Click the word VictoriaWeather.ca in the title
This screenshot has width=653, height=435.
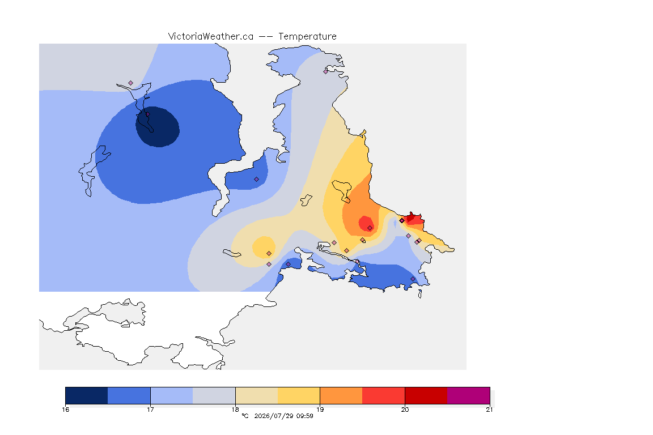point(211,37)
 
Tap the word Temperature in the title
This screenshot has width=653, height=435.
point(307,37)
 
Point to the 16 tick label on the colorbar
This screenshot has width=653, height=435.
point(65,410)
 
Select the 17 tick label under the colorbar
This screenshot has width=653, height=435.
point(150,410)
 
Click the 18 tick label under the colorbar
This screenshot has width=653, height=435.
point(235,410)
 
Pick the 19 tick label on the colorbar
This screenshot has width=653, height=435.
point(320,410)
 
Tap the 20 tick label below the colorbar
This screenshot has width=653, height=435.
point(405,410)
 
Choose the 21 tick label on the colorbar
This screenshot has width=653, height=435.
point(489,410)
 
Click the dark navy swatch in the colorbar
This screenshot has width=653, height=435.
point(87,395)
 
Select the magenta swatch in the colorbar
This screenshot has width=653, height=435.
point(469,395)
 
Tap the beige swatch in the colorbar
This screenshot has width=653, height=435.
point(257,395)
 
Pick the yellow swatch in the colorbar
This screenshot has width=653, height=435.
point(299,395)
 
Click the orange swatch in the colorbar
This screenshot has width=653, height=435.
point(341,395)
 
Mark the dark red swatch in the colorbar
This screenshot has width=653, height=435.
point(426,395)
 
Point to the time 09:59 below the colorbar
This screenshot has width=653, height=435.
point(305,416)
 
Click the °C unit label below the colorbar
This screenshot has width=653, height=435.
point(245,416)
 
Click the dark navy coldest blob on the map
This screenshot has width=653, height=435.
point(158,127)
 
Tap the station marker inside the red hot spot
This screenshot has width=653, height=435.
point(370,228)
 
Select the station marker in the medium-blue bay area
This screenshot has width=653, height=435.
point(257,180)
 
